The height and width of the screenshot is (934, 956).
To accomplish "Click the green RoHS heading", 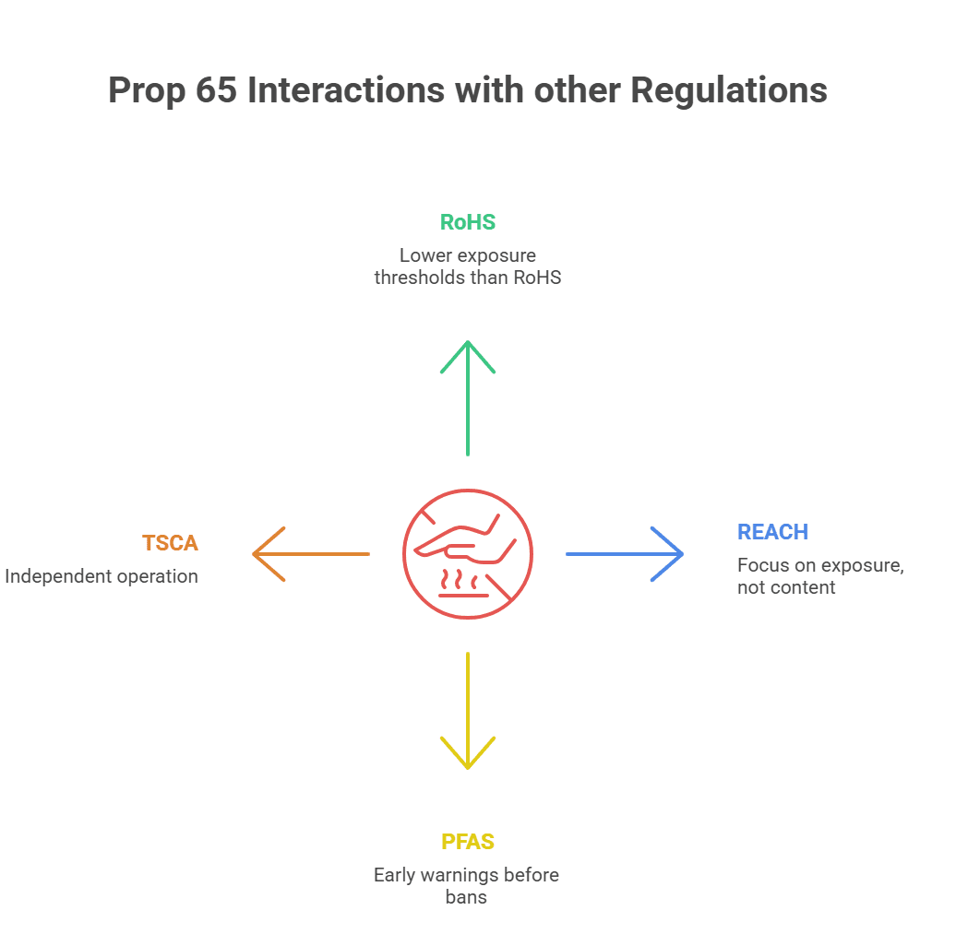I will pyautogui.click(x=467, y=222).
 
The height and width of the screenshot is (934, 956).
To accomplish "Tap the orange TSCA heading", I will pyautogui.click(x=170, y=543).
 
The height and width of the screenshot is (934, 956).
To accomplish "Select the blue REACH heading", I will pyautogui.click(x=772, y=532).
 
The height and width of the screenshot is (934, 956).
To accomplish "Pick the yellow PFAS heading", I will pyautogui.click(x=467, y=842).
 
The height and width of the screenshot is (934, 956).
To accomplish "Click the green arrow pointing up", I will pyautogui.click(x=468, y=396).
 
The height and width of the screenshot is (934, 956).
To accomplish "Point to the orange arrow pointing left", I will pyautogui.click(x=311, y=554).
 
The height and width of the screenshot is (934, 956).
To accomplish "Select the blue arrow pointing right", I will pyautogui.click(x=625, y=554).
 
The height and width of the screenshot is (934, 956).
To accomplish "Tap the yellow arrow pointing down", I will pyautogui.click(x=468, y=711).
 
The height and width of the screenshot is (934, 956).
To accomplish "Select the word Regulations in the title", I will pyautogui.click(x=728, y=91).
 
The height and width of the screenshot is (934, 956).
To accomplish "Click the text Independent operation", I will pyautogui.click(x=102, y=577).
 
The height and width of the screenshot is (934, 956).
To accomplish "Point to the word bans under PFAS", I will pyautogui.click(x=466, y=897).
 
